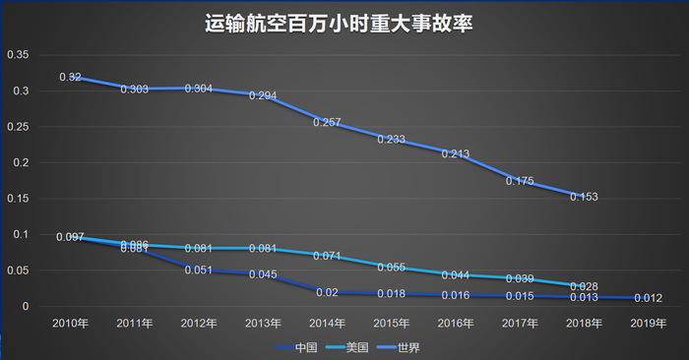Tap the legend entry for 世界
(x=417, y=347)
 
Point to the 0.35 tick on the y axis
(x=19, y=55)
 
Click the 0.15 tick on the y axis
(x=19, y=199)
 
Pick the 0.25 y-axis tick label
(x=19, y=127)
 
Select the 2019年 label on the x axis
(x=647, y=323)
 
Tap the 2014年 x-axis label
(x=326, y=323)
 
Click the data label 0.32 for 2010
(x=70, y=77)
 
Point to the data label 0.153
(x=583, y=197)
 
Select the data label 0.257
(x=327, y=122)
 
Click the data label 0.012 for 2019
(x=647, y=298)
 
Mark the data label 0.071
(x=327, y=256)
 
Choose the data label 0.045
(x=262, y=274)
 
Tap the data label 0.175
(x=519, y=181)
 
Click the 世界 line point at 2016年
(x=454, y=153)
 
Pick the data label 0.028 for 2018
(x=583, y=286)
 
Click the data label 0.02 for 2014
(x=327, y=292)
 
